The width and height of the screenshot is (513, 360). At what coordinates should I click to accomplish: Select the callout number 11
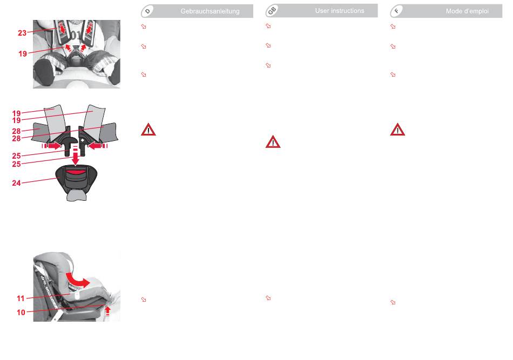[x=19, y=297]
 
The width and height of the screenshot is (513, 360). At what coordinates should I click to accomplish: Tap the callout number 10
[x=19, y=311]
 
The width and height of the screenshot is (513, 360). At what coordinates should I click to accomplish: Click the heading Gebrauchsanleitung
[x=210, y=11]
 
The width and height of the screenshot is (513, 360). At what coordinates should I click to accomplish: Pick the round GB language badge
[x=273, y=11]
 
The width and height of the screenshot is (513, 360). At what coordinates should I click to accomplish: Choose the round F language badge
[x=397, y=11]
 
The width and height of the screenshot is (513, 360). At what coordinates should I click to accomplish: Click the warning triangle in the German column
[x=148, y=130]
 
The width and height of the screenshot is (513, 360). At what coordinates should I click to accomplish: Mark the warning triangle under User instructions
[x=273, y=142]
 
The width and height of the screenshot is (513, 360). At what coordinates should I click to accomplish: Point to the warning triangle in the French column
[x=397, y=130]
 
